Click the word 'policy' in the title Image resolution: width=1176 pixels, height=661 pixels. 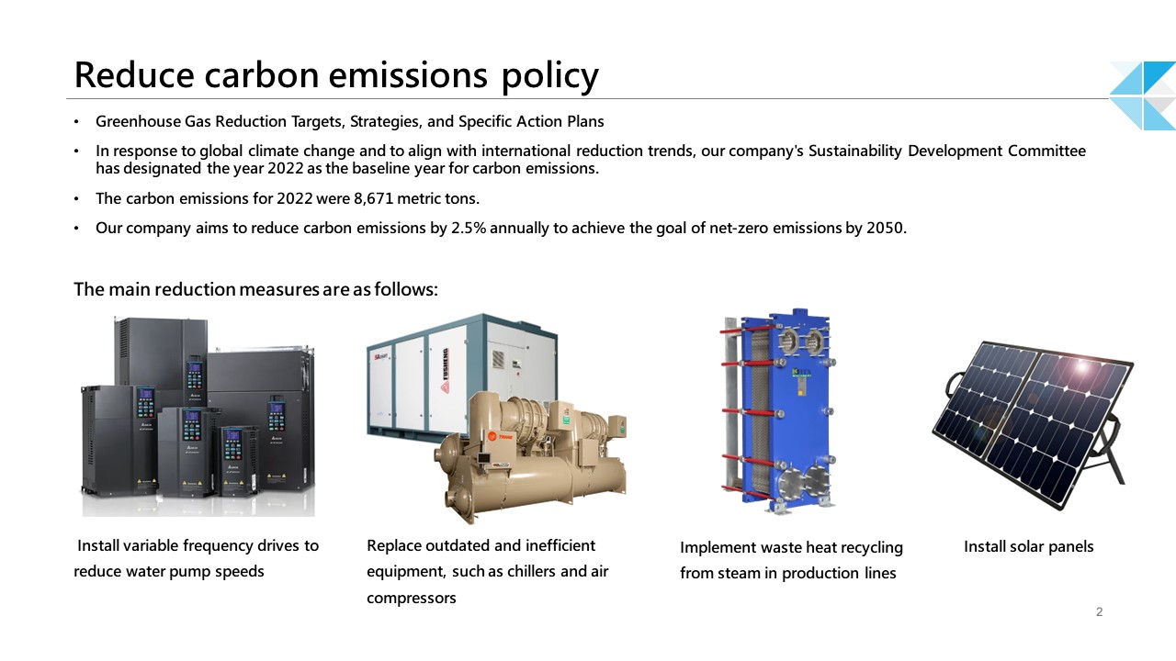point(549,76)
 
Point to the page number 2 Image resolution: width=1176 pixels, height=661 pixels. point(1100,611)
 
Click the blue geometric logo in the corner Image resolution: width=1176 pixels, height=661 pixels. point(1143,95)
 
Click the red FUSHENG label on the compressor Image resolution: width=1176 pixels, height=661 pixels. point(446,370)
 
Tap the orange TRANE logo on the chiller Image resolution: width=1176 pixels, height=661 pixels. point(500,436)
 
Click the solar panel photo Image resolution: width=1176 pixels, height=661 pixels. point(1033,424)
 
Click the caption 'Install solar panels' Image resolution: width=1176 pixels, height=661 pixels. point(1028,546)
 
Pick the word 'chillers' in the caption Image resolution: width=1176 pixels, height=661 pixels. point(526,571)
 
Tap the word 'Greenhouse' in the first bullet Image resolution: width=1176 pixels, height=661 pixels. point(138,122)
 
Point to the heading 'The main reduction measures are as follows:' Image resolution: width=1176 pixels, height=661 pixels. point(255,289)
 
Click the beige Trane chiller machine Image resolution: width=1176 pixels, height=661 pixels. point(530,456)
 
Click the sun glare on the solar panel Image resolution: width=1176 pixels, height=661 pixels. point(1081,365)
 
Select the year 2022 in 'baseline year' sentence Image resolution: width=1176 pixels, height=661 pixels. point(286,168)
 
